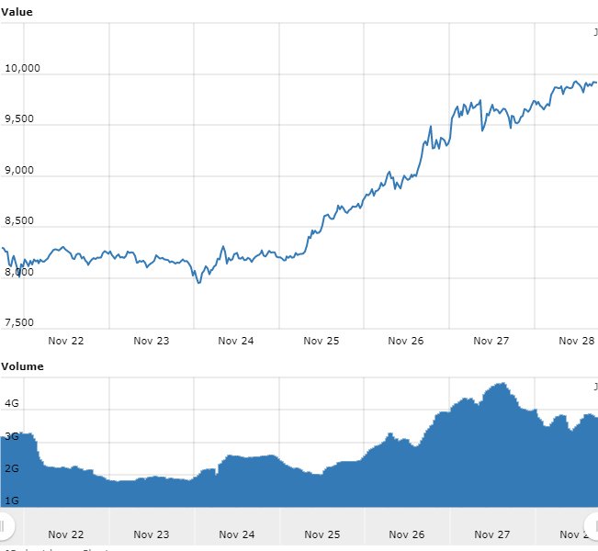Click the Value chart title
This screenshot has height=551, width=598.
coord(17,12)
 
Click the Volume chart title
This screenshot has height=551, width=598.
coord(22,366)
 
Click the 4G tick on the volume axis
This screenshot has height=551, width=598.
coord(12,403)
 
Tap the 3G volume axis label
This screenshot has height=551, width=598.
coord(12,436)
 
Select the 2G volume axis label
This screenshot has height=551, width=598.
coord(12,468)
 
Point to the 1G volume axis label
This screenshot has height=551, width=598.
coord(12,500)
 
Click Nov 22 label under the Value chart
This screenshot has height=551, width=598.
coord(66,341)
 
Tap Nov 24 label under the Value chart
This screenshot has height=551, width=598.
coord(236,341)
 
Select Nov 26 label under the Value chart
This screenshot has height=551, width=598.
coord(406,341)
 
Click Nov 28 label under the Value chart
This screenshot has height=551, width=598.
coord(576,341)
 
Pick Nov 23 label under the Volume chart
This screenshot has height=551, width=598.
coord(152,534)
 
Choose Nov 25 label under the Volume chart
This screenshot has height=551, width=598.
coord(322,534)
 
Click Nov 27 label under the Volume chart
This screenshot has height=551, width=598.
coord(491,534)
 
